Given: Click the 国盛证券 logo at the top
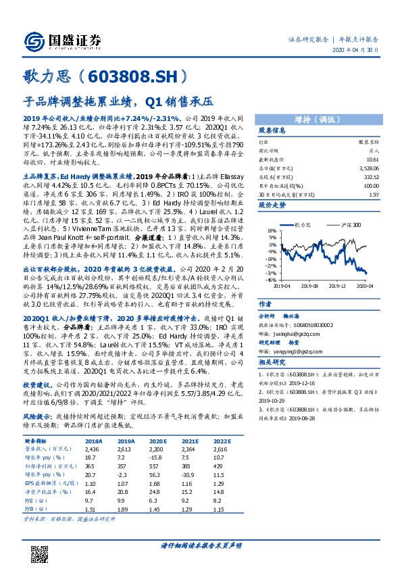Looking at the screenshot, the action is point(57,39).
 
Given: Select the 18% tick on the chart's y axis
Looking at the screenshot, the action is point(270,230).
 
